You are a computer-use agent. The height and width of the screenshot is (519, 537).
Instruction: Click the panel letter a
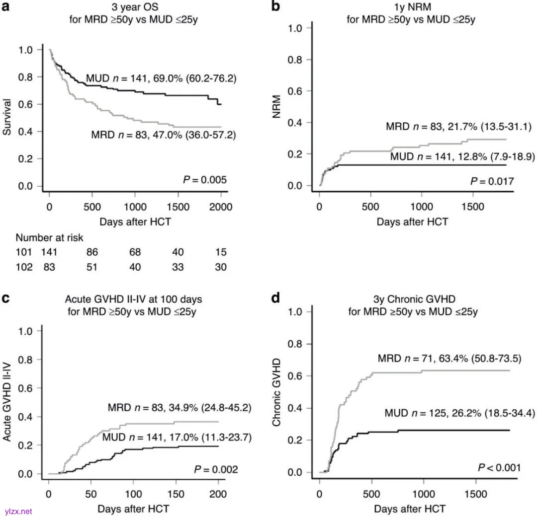click(6, 7)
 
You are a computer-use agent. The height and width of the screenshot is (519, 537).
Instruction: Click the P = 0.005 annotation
click(205, 179)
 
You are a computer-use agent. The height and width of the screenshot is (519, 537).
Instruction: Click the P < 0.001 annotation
click(499, 467)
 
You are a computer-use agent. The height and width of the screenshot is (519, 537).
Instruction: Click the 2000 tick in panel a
click(221, 207)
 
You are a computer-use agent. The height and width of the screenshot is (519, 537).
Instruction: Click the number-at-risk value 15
click(221, 252)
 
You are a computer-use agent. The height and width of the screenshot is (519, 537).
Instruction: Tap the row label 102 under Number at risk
click(23, 267)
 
